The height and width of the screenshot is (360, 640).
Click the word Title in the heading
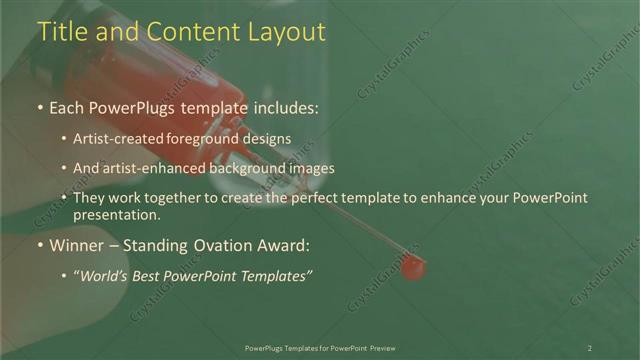(x=62, y=32)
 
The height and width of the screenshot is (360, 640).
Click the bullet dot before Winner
(x=39, y=245)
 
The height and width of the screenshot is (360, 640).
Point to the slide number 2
(x=589, y=348)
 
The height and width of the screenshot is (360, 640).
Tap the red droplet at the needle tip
(x=412, y=267)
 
